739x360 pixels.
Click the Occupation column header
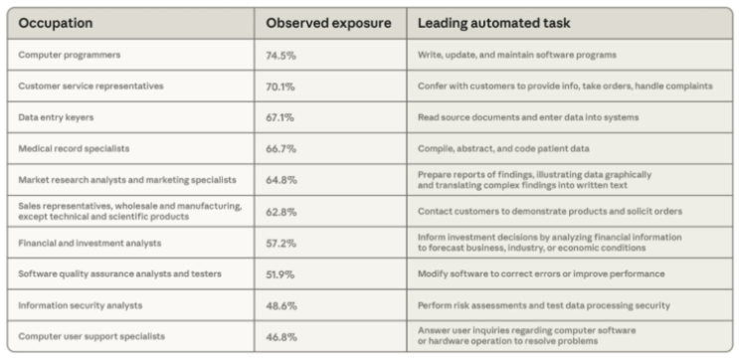coord(56,23)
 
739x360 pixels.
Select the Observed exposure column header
coord(328,23)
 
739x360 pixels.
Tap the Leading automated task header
coord(494,23)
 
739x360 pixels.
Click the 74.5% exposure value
coord(280,55)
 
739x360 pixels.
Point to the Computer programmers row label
coord(70,55)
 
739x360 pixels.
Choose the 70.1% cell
coord(279,87)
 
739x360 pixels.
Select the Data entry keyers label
coord(56,117)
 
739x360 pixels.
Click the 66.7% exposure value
coord(280,149)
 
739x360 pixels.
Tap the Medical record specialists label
coord(74,148)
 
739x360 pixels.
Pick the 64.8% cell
coord(281,180)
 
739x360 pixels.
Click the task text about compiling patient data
coord(503,148)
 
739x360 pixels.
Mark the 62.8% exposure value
coord(281,212)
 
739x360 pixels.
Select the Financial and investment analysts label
coord(90,243)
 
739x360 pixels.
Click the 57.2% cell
coord(280,243)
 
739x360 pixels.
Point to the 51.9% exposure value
coord(279,274)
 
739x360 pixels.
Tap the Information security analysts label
coord(81,305)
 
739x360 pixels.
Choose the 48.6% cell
coord(281,306)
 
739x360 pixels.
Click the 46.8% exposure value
coord(281,337)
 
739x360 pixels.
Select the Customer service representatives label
coord(91,87)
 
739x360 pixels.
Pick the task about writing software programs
coord(517,55)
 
